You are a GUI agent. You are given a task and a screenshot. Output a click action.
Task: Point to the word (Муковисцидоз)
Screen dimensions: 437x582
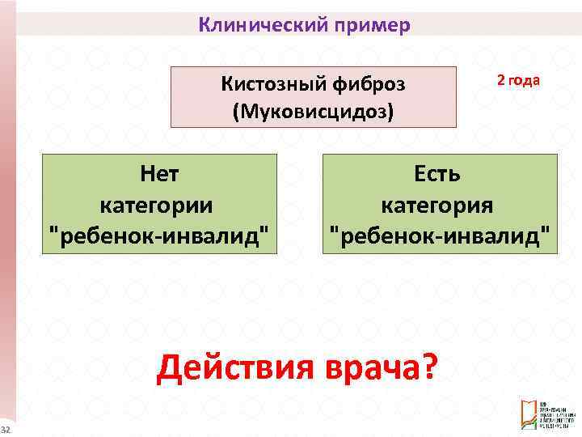313,111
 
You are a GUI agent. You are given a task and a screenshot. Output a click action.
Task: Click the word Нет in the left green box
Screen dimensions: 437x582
159,174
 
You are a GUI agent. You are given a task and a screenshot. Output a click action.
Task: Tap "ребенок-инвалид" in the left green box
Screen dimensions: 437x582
159,235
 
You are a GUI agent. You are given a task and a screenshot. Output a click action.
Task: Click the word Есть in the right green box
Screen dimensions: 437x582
440,174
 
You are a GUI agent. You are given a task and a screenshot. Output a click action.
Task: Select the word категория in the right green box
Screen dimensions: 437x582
440,205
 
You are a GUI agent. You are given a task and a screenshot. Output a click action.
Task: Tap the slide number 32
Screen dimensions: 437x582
5,428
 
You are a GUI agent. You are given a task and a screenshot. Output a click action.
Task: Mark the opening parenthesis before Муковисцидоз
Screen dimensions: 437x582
236,111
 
